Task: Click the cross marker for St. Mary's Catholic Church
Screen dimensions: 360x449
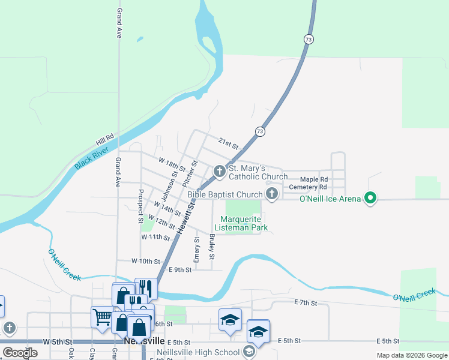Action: point(220,172)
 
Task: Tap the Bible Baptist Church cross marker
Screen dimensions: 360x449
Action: point(272,193)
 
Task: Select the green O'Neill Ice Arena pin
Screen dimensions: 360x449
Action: point(370,198)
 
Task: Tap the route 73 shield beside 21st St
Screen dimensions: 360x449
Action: point(259,131)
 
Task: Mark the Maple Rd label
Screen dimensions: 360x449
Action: point(314,179)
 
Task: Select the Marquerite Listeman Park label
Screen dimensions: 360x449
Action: point(243,224)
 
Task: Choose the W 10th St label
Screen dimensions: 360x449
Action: point(146,262)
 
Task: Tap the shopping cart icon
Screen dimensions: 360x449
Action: point(101,316)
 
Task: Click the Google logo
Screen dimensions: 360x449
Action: point(20,353)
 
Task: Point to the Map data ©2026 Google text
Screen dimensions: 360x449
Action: point(411,355)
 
